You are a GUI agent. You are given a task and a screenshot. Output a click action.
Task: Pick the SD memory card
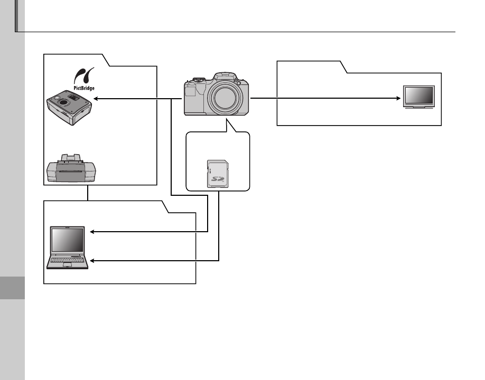click(218, 174)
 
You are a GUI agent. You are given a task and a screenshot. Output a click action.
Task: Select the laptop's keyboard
click(67, 260)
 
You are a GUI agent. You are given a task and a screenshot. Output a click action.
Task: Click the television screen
click(418, 96)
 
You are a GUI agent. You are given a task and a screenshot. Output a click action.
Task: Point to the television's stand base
click(418, 107)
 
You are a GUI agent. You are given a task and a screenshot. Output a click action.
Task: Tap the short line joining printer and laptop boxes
click(88, 193)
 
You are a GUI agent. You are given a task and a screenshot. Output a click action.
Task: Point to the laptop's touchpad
click(67, 267)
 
